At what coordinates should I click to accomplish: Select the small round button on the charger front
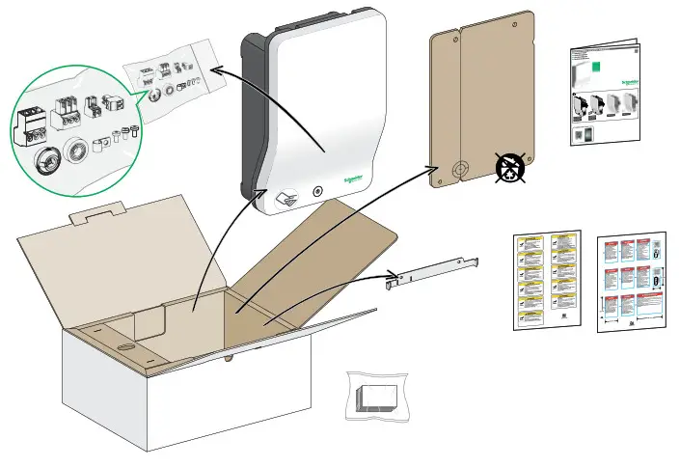(317, 191)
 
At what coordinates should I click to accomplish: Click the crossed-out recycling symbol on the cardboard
(510, 168)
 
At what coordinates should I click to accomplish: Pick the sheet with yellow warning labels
(545, 280)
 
